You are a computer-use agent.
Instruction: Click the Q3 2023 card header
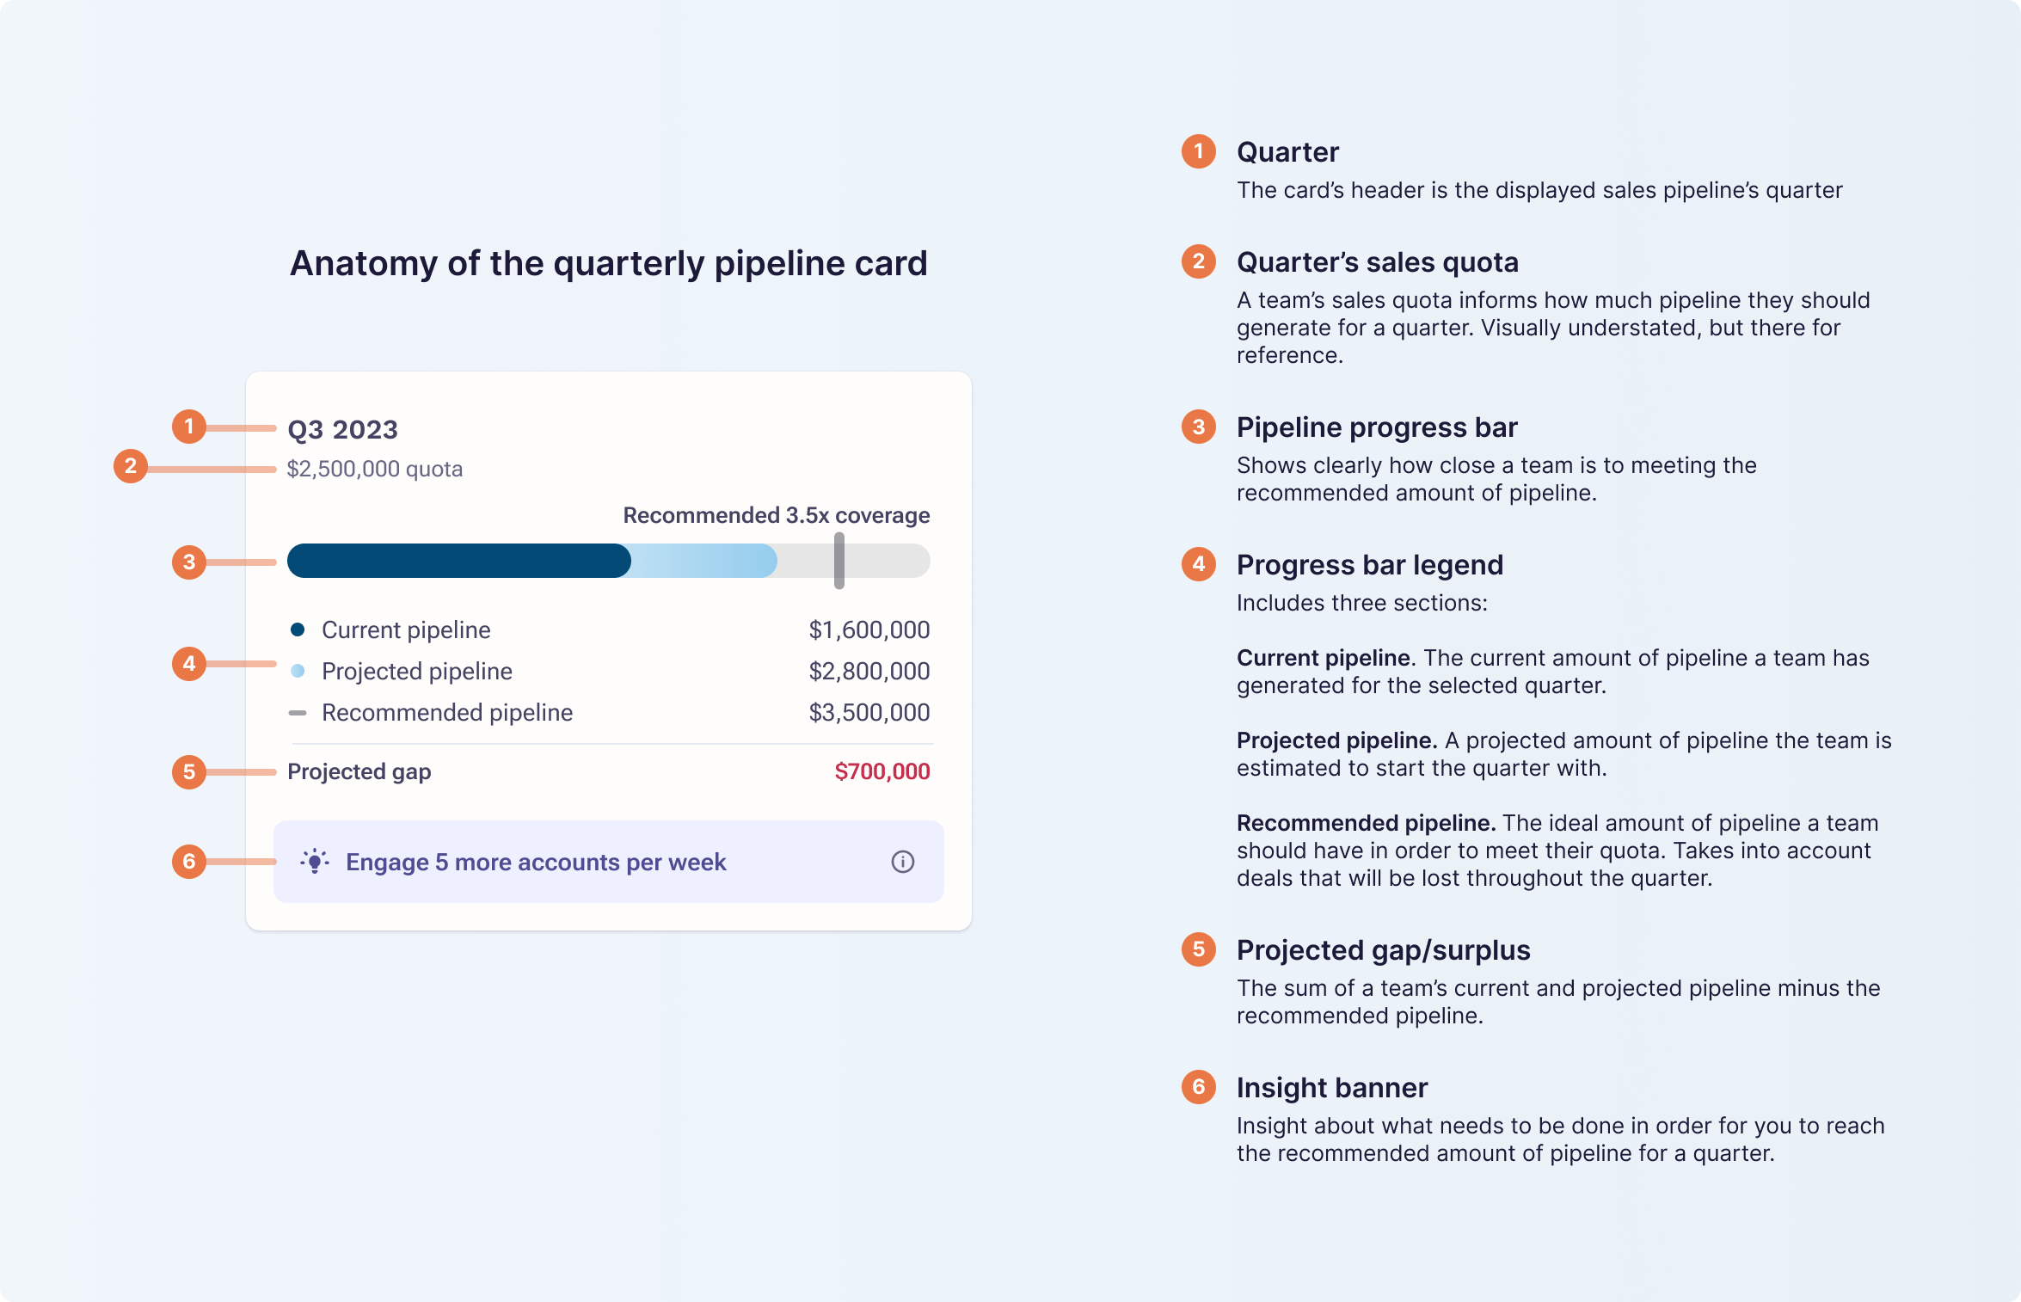(342, 429)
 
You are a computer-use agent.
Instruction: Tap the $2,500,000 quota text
(374, 469)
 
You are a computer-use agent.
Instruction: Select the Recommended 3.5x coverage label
(776, 515)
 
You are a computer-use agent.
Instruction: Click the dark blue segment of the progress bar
(458, 561)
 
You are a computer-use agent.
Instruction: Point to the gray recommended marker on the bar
(839, 561)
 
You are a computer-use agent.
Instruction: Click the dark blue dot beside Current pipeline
(298, 630)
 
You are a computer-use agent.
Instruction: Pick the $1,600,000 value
(869, 630)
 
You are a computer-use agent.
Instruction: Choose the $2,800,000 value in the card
(869, 672)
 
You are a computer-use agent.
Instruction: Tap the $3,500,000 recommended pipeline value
(869, 713)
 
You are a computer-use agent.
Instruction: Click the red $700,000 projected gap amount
(881, 771)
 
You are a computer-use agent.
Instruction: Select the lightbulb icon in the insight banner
(315, 862)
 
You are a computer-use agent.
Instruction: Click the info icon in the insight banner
(902, 862)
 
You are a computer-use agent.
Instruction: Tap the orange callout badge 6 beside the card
(189, 862)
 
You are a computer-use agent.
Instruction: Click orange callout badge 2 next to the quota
(131, 466)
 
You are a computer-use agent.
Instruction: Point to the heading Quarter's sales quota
(1377, 262)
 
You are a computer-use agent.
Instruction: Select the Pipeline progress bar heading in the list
(1376, 427)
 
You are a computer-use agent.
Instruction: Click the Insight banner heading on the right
(1331, 1088)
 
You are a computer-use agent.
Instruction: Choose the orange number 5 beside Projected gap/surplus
(1198, 949)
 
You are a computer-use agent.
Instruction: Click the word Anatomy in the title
(363, 263)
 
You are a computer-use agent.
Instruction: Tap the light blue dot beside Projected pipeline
(298, 671)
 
